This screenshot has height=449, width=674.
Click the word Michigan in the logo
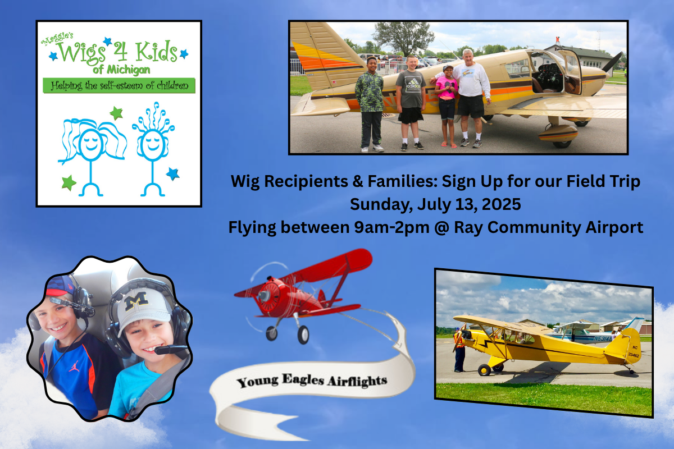point(128,70)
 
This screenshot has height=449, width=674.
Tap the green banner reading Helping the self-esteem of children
point(119,86)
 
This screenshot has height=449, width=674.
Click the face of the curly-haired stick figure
point(153,145)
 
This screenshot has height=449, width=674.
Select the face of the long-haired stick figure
point(90,144)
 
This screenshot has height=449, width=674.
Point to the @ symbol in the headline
point(441,227)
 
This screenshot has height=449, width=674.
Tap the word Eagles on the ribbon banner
point(303,380)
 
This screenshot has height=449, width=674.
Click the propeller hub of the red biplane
point(265,296)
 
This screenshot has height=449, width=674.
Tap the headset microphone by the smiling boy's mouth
point(171,350)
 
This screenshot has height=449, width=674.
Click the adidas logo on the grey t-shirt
point(413,83)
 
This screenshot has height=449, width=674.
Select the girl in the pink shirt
point(448,106)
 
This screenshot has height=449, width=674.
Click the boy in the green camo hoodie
point(370,104)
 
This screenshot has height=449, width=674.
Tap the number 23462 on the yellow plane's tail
point(634,355)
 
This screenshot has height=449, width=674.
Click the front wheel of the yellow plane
point(484,370)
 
